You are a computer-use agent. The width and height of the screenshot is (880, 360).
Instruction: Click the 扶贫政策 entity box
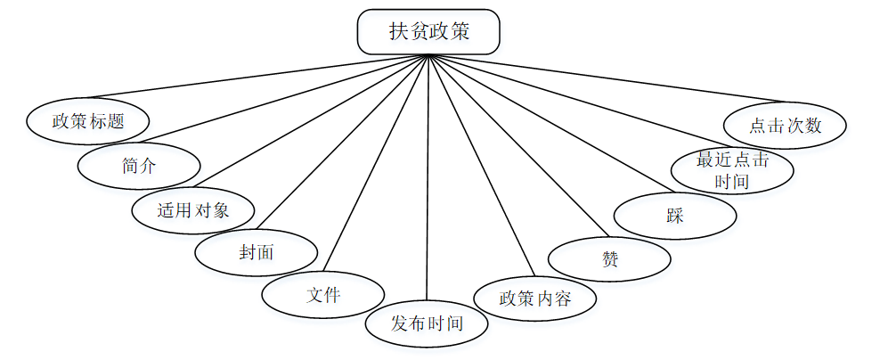[x=428, y=32]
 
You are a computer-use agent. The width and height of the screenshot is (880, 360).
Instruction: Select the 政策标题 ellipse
[x=87, y=121]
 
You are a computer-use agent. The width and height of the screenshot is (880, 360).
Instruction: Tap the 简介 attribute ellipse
[x=139, y=165]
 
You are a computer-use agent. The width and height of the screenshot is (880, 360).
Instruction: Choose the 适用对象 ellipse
[x=193, y=211]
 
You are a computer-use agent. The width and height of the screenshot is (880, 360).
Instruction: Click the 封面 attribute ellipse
[x=257, y=253]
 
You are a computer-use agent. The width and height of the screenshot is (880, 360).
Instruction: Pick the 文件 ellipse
[x=323, y=295]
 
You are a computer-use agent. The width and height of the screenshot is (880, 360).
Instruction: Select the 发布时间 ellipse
[x=428, y=323]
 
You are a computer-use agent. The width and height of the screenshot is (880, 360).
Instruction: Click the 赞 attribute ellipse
[x=610, y=259]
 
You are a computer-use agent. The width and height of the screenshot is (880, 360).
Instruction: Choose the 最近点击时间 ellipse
[x=732, y=170]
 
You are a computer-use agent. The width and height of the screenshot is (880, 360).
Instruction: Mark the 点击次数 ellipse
[x=785, y=126]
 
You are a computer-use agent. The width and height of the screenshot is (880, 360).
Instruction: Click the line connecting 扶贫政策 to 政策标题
[x=258, y=77]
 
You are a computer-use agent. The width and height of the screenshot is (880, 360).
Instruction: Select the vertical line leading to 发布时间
[x=428, y=178]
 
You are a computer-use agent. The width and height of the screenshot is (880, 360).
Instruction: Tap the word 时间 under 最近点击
[x=732, y=181]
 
